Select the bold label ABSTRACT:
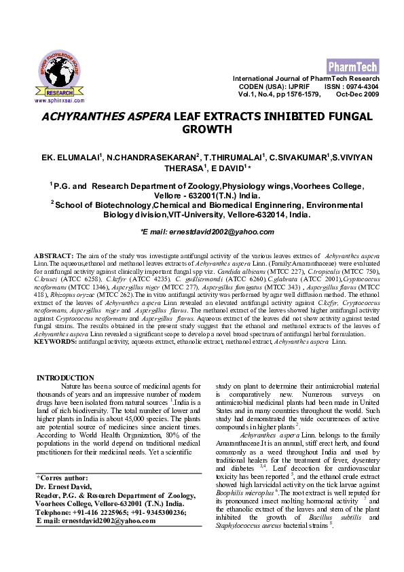tap(50, 254)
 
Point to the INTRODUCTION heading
tap(65, 378)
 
